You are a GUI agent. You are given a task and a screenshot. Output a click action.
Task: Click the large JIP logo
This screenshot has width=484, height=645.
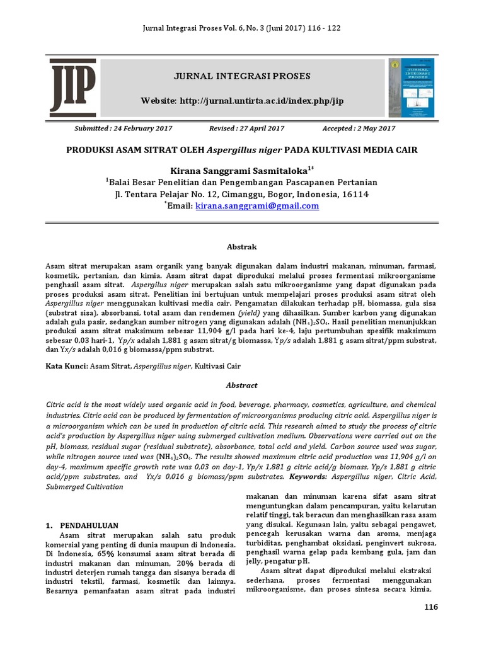click(73, 85)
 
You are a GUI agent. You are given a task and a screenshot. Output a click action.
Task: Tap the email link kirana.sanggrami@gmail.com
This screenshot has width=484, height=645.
click(257, 206)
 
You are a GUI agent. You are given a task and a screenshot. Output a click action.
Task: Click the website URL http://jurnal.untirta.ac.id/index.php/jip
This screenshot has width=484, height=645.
click(243, 101)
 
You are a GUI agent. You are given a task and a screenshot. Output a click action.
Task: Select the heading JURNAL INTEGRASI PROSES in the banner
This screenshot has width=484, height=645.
click(243, 76)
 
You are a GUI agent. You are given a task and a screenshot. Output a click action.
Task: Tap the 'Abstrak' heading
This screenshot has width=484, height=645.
click(242, 247)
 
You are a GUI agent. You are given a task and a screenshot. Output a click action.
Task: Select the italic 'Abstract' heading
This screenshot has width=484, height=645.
click(242, 385)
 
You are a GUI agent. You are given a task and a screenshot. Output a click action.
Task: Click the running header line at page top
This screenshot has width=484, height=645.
click(242, 30)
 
